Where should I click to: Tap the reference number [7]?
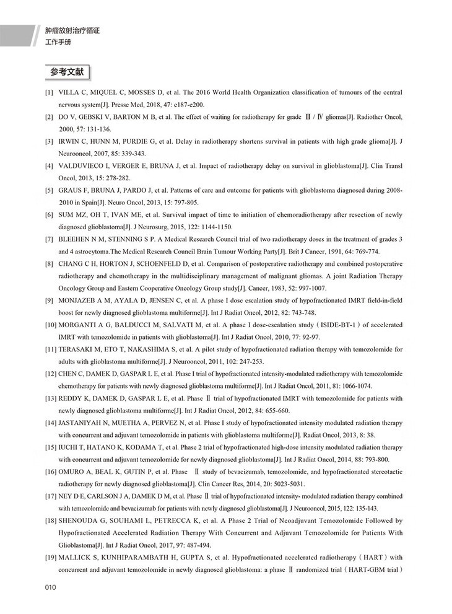(48, 239)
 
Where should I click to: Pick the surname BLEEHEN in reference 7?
(78, 239)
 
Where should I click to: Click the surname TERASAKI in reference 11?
(80, 349)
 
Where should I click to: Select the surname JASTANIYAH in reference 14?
(85, 423)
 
